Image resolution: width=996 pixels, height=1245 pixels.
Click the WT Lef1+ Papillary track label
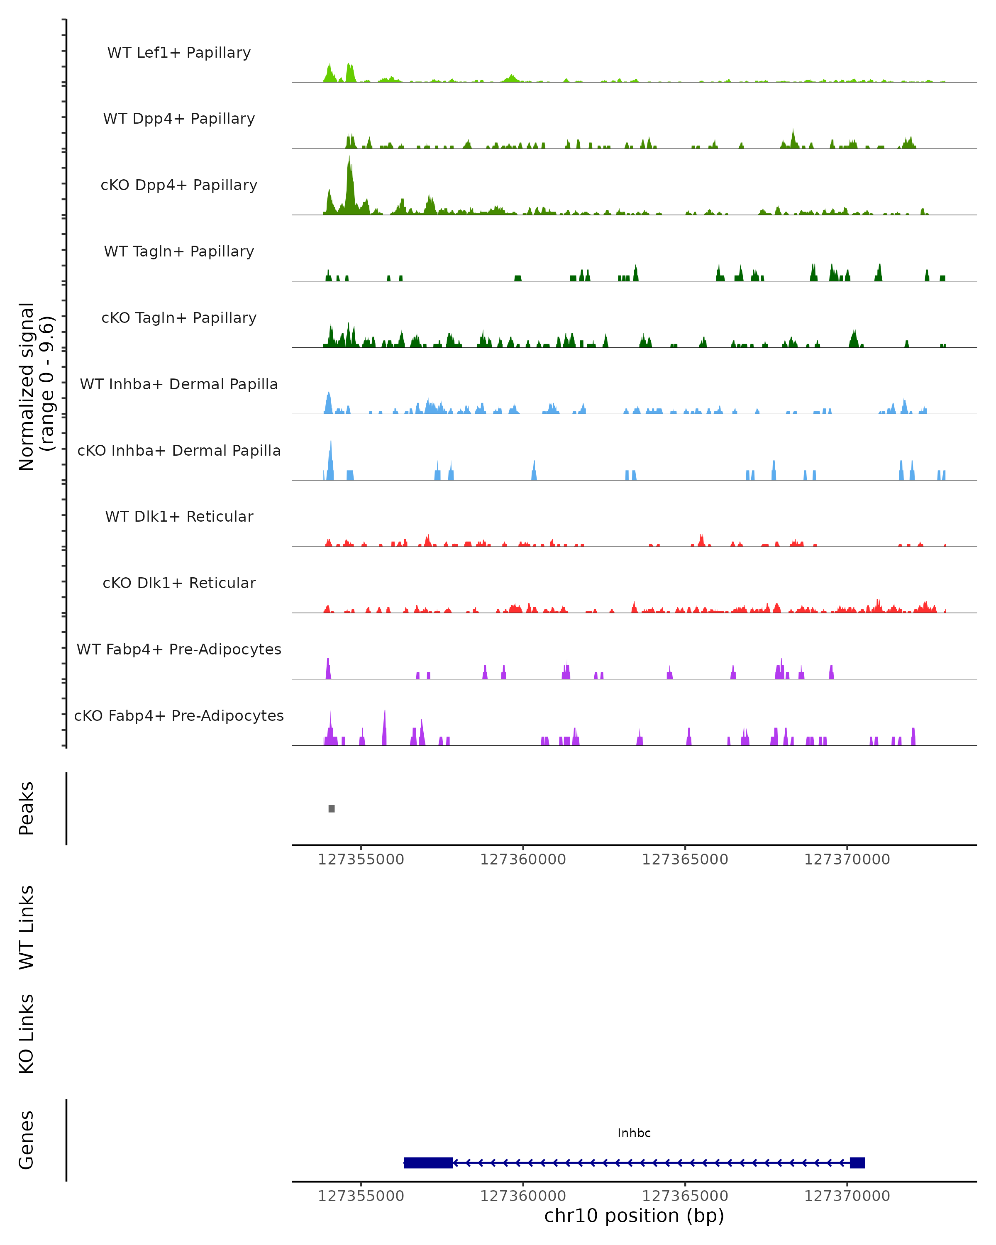pos(179,53)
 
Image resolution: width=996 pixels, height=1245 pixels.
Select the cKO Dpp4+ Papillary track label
pos(179,186)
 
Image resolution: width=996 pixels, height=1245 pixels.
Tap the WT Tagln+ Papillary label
pos(179,252)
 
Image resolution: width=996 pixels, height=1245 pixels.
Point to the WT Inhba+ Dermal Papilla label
pos(179,385)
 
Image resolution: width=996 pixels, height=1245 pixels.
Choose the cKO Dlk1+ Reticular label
pos(179,583)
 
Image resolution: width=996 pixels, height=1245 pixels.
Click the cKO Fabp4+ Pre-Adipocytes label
pos(179,716)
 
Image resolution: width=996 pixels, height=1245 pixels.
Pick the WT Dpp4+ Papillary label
pos(179,119)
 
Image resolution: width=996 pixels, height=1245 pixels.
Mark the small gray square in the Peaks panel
pos(332,809)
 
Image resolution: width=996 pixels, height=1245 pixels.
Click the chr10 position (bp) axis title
pos(634,1216)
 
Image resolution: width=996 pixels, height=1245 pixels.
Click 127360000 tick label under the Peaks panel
pos(523,860)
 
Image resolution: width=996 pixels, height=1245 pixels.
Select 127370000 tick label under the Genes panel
pos(847,1196)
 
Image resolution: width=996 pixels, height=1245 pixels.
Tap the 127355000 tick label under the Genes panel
pos(361,1196)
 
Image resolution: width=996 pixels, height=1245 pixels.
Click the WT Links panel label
pos(27,927)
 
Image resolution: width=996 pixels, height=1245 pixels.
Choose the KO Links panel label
pos(27,1034)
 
